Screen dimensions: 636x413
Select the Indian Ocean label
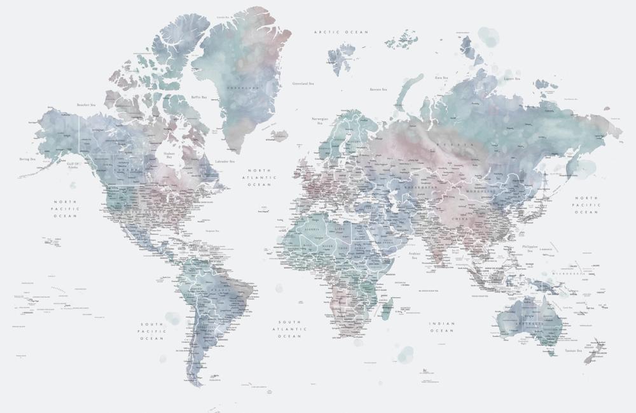442,327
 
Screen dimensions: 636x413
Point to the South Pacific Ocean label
152,331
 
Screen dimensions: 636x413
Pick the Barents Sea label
378,90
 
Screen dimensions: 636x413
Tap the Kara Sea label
442,77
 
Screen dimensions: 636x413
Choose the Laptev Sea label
512,79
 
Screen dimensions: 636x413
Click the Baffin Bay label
199,97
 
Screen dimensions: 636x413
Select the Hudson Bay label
169,155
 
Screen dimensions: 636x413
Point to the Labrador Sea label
225,162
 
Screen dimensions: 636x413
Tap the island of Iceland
279,136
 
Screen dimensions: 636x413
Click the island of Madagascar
386,309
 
